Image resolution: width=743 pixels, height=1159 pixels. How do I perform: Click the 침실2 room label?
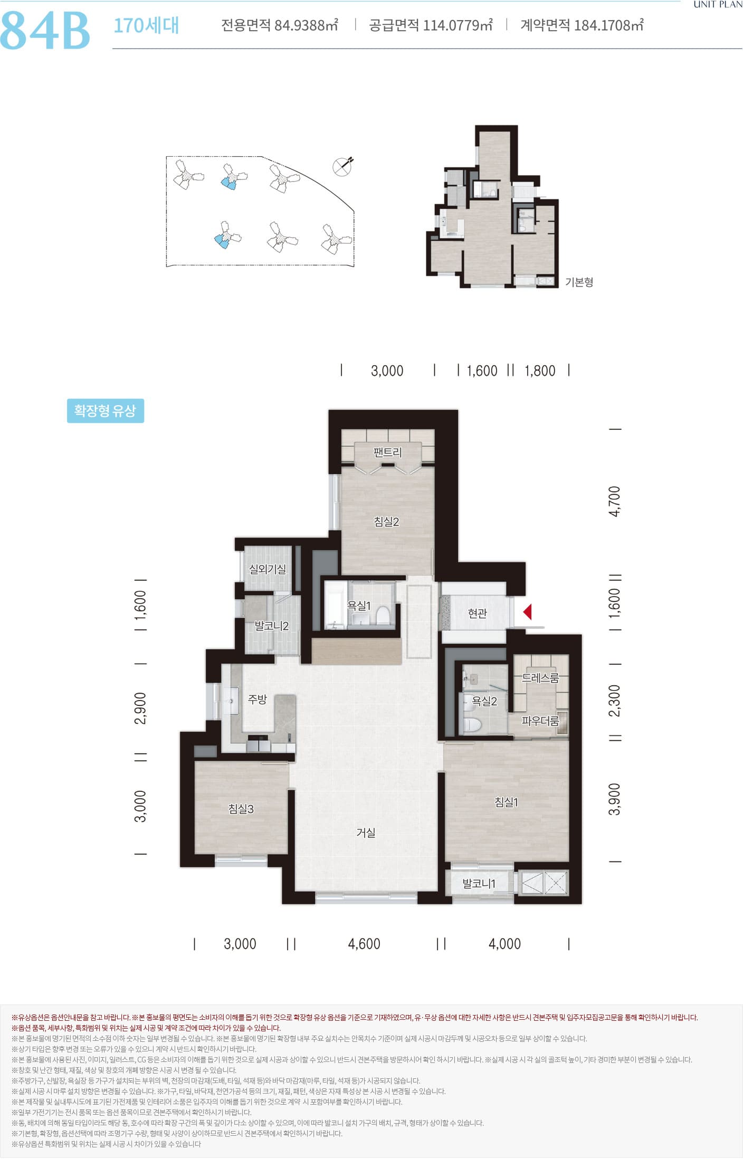pos(386,522)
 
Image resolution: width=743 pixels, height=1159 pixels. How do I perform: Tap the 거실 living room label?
pos(366,832)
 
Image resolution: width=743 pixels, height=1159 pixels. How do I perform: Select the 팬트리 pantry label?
pos(387,452)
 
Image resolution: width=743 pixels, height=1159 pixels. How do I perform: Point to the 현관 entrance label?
pos(477,613)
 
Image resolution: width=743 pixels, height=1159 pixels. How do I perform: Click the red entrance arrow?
pos(527,612)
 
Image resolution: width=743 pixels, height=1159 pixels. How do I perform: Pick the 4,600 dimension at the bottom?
pos(364,944)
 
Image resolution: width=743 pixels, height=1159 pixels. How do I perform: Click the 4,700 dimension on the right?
pos(615,502)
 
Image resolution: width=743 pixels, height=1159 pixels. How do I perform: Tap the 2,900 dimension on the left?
pos(141,708)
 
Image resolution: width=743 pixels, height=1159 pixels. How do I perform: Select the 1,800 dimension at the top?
pos(540,371)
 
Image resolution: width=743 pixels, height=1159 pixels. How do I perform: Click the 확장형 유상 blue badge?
pos(106,411)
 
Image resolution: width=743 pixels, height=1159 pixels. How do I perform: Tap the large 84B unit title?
pos(45,30)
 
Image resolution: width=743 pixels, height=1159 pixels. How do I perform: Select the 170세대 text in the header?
pos(146,25)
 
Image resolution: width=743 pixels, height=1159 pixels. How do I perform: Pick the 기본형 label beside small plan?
pos(579,282)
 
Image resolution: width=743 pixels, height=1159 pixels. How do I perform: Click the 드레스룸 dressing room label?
pos(540,678)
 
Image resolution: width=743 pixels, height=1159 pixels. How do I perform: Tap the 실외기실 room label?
pos(268,569)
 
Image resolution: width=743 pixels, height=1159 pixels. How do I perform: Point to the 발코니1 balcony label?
pos(479,884)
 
